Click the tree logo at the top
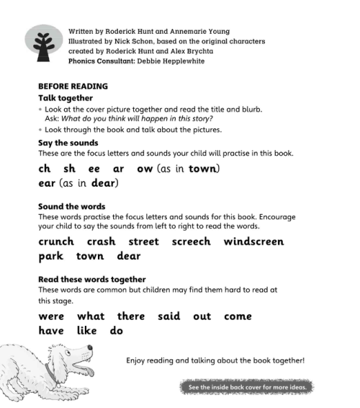(x=45, y=45)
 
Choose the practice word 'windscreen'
(x=253, y=241)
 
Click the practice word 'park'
(x=50, y=257)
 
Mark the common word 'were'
(x=51, y=316)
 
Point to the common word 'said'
(x=168, y=316)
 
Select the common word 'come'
(x=238, y=316)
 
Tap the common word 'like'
(x=88, y=331)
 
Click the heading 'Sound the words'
(x=71, y=206)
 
